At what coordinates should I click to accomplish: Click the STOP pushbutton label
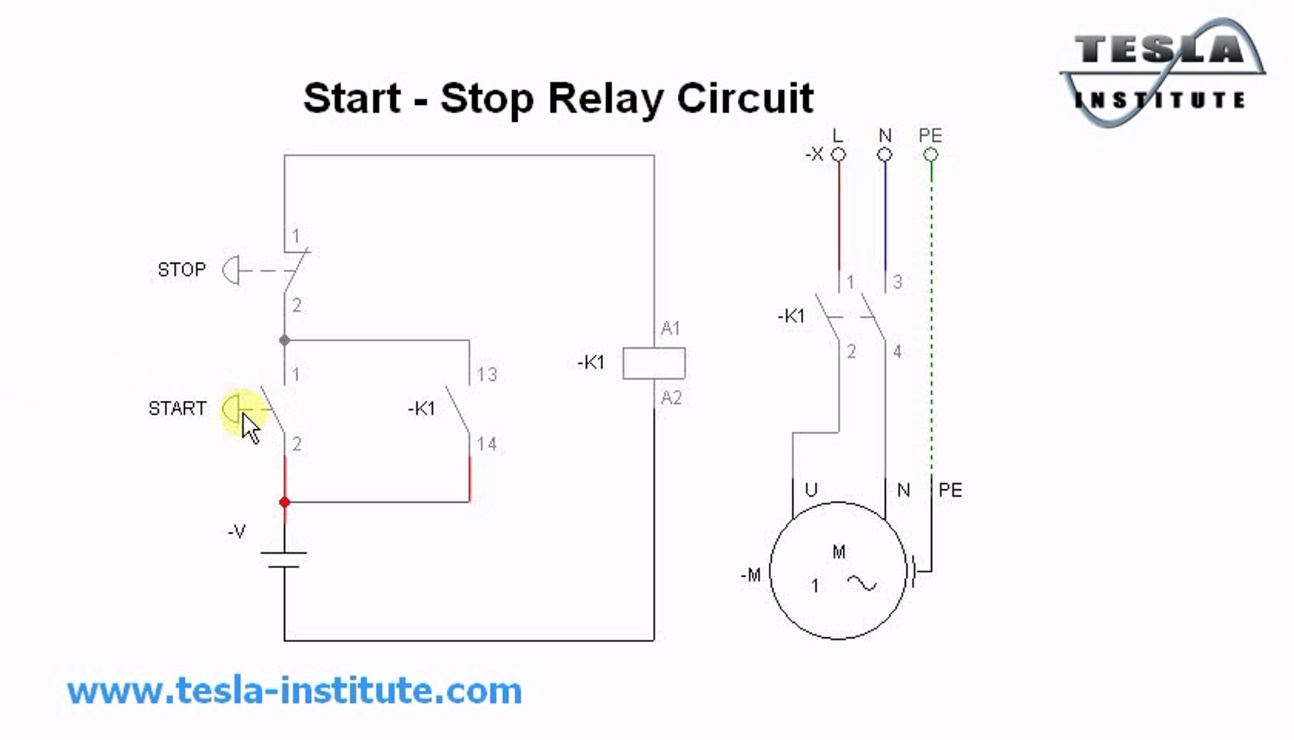[x=181, y=269]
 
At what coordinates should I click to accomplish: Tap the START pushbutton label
[x=177, y=408]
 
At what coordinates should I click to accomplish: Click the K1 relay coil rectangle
[x=653, y=363]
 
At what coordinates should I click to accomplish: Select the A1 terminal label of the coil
[x=670, y=329]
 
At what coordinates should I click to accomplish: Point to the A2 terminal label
[x=671, y=398]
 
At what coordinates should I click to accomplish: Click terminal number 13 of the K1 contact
[x=487, y=375]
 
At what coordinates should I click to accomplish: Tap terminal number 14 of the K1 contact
[x=487, y=444]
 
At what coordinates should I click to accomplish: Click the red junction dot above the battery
[x=285, y=502]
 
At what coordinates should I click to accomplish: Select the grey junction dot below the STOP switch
[x=285, y=340]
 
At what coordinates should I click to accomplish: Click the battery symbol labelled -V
[x=284, y=559]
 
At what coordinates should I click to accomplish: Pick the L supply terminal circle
[x=838, y=155]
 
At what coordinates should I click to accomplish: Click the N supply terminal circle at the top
[x=885, y=155]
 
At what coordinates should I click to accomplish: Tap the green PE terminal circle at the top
[x=930, y=155]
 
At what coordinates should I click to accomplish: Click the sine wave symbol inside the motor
[x=862, y=583]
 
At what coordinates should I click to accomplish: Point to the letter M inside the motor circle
[x=839, y=552]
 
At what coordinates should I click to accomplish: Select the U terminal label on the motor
[x=811, y=490]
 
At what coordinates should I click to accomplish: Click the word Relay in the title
[x=606, y=98]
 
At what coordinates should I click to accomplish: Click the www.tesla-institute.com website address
[x=294, y=691]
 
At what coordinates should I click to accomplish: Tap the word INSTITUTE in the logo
[x=1160, y=101]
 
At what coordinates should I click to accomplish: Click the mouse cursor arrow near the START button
[x=251, y=428]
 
